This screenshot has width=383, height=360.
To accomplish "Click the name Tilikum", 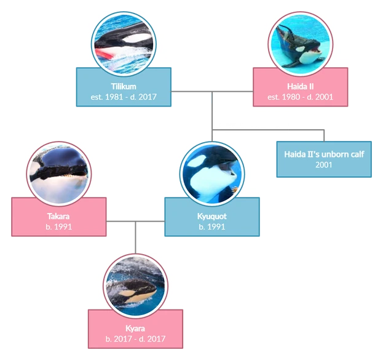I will (x=123, y=86).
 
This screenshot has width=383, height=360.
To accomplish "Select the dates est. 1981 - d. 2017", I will (x=123, y=97).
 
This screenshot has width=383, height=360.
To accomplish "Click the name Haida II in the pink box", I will (x=301, y=86).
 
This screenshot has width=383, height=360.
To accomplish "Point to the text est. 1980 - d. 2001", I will (x=301, y=97).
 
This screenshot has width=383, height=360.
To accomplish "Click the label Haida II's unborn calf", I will (x=324, y=154).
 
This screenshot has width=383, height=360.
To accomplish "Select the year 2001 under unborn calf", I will (x=324, y=165).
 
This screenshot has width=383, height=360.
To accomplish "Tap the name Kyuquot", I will (x=211, y=217).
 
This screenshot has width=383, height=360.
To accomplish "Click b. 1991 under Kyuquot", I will (x=211, y=227).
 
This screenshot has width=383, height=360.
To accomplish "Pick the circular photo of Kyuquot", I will (x=212, y=172).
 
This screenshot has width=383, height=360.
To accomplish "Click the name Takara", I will (x=59, y=217).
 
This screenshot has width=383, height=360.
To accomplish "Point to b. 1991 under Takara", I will (x=59, y=227).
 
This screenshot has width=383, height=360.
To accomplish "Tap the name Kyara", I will (x=135, y=329).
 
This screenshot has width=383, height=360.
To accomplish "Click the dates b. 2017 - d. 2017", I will (x=135, y=339).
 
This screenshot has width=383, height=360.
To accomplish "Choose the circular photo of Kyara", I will (x=135, y=284).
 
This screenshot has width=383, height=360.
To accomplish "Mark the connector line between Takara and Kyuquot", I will (x=135, y=221).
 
